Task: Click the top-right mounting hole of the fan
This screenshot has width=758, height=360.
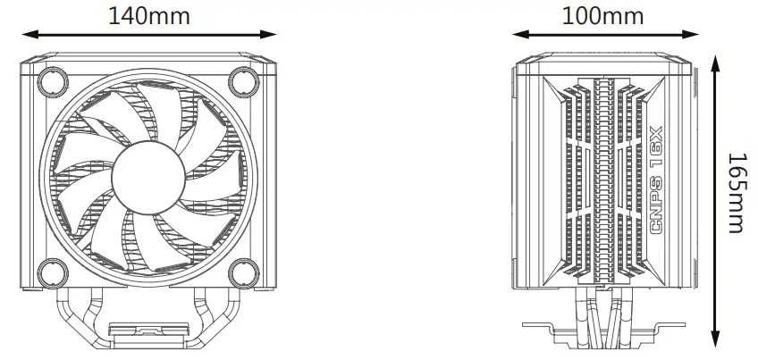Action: coord(242,82)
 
